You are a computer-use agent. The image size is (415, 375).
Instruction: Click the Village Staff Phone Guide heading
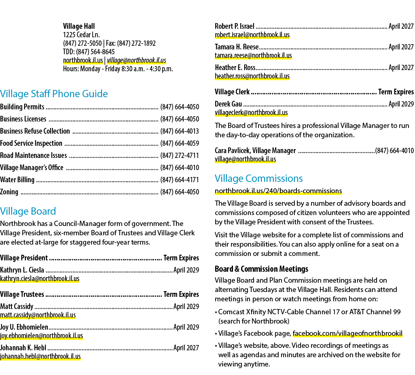pos(54,94)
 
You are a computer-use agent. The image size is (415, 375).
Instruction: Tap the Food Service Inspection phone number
pos(180,143)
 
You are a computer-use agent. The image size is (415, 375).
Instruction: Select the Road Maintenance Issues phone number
pos(180,156)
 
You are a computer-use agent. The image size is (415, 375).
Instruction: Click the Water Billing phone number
pos(180,180)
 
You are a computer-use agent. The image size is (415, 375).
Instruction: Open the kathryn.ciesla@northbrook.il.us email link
pos(40,279)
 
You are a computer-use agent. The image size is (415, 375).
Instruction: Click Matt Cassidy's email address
pos(38,315)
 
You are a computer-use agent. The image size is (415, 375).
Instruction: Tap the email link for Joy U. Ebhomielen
pos(42,336)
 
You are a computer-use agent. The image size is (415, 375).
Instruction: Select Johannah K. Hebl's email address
pos(40,356)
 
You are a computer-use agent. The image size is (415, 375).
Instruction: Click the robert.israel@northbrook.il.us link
pos(252,35)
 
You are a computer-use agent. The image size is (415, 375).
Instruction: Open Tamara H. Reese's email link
pos(253,55)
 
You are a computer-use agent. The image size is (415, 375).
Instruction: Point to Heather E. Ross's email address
pos(252,76)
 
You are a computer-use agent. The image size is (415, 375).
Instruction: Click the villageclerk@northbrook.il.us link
pos(251,113)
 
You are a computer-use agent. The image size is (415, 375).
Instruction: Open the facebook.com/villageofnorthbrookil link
pos(347,333)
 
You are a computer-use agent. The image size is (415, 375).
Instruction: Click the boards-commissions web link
pos(278,191)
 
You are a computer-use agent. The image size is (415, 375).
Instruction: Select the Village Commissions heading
pos(258,179)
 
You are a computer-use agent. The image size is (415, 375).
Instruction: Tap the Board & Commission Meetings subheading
pos(261,269)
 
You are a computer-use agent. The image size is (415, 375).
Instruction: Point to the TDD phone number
pos(95,52)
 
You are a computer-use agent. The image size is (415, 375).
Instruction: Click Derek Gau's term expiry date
pos(401,104)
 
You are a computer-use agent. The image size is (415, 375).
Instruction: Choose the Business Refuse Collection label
pos(35,131)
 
